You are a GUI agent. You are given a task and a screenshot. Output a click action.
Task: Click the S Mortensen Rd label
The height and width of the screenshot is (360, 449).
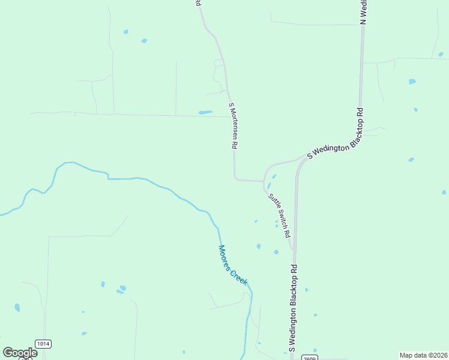click(x=234, y=126)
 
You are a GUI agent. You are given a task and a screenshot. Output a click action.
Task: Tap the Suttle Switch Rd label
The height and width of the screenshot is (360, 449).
click(x=279, y=214)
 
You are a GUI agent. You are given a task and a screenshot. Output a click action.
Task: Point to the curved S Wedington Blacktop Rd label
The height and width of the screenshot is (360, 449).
click(x=336, y=133)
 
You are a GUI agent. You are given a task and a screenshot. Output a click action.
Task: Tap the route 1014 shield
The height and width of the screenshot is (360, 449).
click(x=43, y=344)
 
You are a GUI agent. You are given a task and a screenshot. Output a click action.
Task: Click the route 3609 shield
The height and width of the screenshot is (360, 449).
click(x=307, y=357)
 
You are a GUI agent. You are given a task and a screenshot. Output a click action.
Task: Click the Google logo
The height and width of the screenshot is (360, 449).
click(x=20, y=353)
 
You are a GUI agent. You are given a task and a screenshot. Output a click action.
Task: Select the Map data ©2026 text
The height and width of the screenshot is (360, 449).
click(x=423, y=355)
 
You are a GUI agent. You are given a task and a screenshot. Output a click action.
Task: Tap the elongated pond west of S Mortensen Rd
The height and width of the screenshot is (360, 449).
click(x=205, y=112)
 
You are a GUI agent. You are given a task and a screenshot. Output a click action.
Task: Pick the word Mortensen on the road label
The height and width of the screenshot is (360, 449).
click(x=234, y=125)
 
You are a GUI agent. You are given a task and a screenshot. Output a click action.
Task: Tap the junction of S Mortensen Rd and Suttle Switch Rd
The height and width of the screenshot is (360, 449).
click(x=264, y=181)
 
